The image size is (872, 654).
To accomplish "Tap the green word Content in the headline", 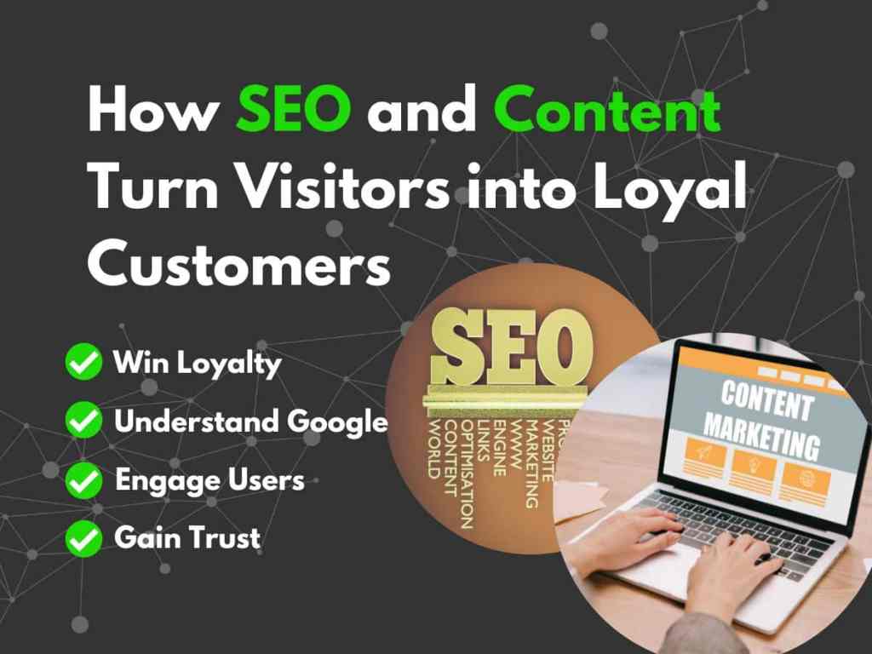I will coord(607,112).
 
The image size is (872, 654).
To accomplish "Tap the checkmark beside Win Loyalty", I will coord(83,363).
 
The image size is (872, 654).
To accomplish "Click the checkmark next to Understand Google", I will coord(83,421).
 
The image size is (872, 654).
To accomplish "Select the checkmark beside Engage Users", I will coord(83,479).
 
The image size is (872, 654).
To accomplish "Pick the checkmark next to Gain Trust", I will coord(83,537).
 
